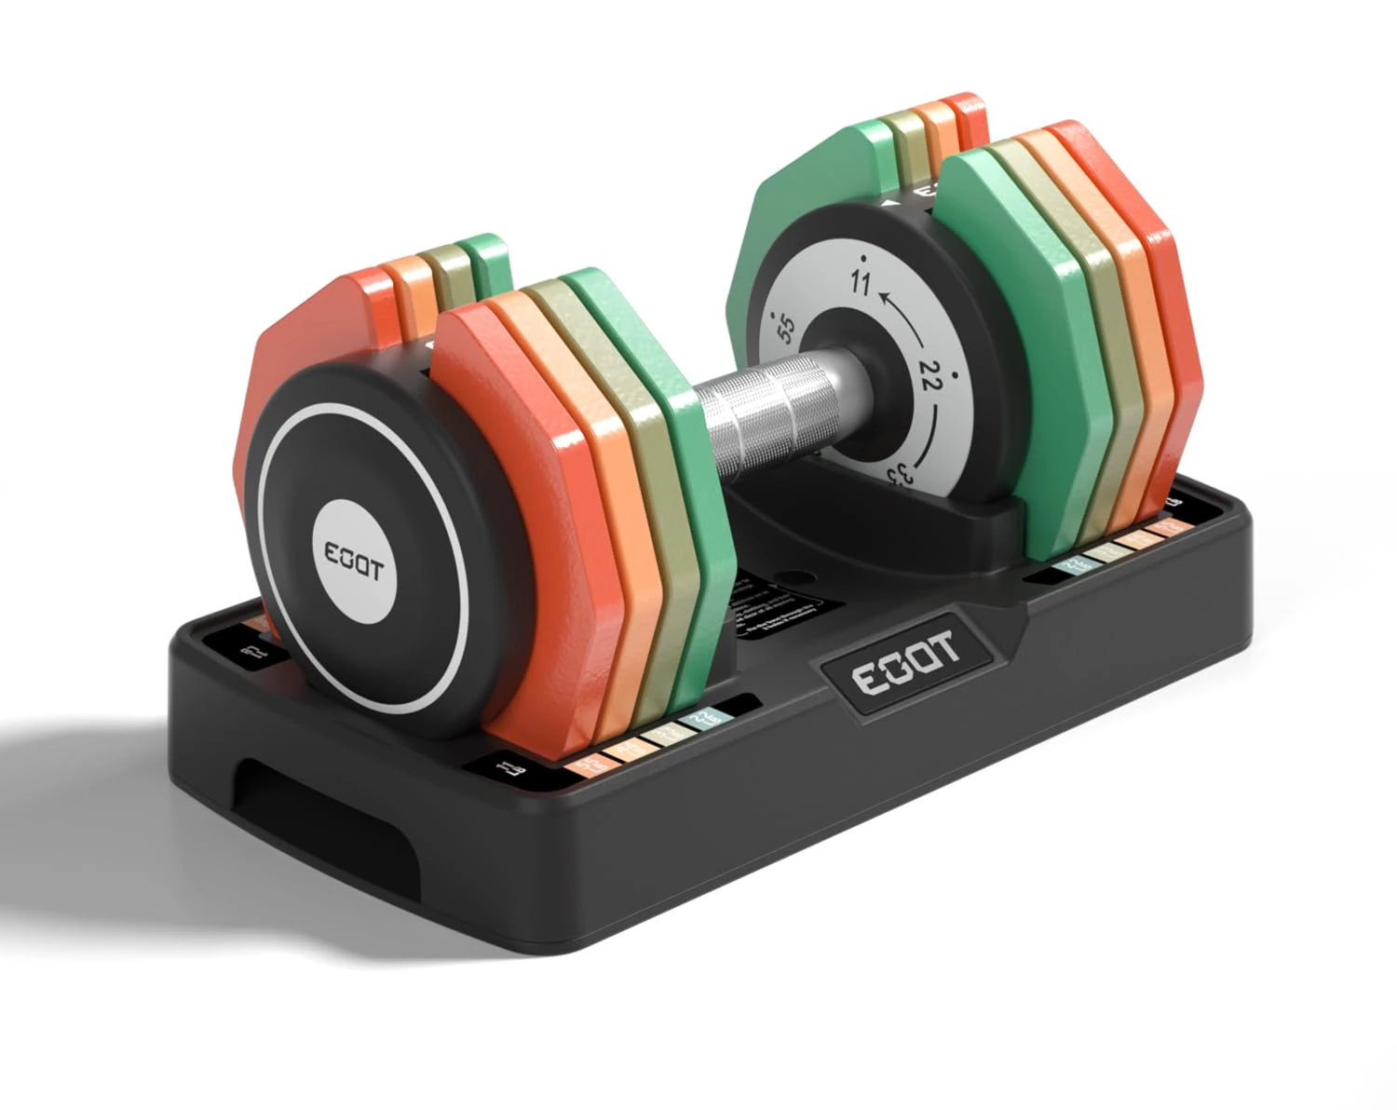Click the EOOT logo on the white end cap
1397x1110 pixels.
click(x=355, y=562)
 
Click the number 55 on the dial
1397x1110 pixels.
click(x=785, y=330)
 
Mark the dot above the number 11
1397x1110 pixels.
click(x=865, y=257)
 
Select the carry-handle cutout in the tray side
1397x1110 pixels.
click(x=279, y=792)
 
